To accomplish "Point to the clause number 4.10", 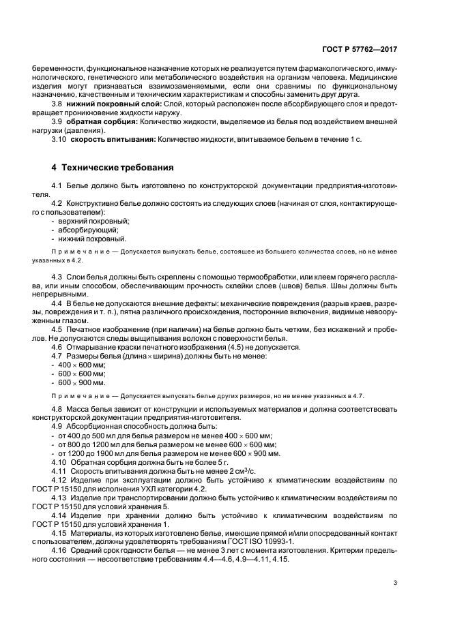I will click(x=59, y=462).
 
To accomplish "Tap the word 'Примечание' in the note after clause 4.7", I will click(x=75, y=395).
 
